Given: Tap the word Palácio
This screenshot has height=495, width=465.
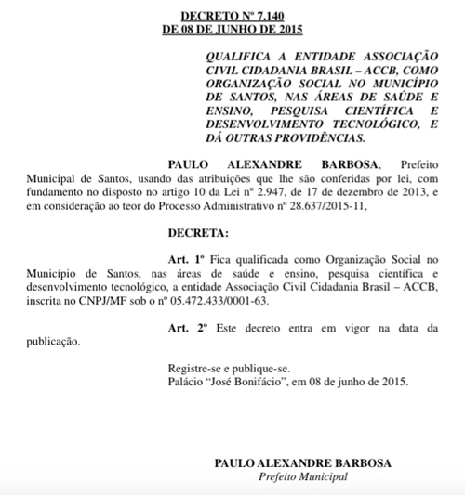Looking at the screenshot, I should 185,381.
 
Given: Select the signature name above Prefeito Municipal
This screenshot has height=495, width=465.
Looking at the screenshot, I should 289,462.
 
